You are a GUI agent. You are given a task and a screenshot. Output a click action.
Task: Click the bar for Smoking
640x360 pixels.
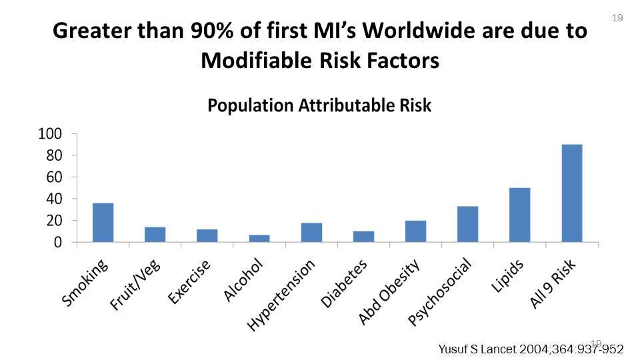(x=103, y=223)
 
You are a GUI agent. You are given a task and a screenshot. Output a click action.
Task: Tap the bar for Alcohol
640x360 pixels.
(x=259, y=238)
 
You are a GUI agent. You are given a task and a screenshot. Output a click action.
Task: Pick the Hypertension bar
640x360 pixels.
(x=311, y=232)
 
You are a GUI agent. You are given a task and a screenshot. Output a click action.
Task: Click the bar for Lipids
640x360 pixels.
(x=519, y=215)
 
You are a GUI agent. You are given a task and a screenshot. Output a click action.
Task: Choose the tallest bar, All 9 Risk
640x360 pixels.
(x=572, y=193)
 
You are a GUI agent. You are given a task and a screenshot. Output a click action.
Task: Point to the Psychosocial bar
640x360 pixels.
(x=467, y=224)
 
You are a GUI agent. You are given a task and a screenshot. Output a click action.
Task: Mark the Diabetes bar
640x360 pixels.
(x=363, y=236)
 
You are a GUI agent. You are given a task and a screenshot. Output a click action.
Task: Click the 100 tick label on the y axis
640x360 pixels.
(x=51, y=134)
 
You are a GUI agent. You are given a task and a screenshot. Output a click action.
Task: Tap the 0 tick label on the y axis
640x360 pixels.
(x=58, y=243)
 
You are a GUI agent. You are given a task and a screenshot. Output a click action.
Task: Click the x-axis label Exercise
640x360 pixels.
(x=189, y=282)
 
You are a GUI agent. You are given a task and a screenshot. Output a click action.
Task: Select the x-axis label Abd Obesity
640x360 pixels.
(x=389, y=293)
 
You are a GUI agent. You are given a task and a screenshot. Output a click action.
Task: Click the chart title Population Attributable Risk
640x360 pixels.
(x=319, y=105)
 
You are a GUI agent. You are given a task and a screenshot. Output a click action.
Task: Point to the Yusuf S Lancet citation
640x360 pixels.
(x=531, y=349)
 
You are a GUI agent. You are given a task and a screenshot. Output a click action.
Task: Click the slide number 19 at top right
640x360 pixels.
(x=617, y=18)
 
